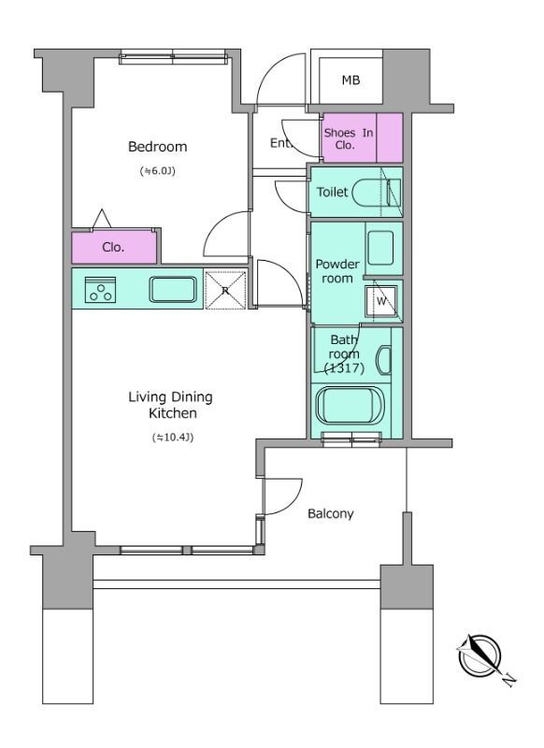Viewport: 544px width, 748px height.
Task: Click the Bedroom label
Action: (157, 147)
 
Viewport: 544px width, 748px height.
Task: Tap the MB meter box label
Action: (351, 80)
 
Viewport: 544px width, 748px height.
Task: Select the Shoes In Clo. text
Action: (348, 138)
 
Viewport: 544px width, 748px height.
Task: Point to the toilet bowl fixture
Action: (377, 193)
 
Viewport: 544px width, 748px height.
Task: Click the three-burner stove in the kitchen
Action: (101, 290)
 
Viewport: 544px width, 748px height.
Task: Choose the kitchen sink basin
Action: (173, 290)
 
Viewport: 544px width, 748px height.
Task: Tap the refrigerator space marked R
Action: (225, 290)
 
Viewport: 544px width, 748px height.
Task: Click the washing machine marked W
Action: (381, 301)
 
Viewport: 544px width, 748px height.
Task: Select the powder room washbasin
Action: (381, 247)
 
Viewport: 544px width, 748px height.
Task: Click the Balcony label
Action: (330, 513)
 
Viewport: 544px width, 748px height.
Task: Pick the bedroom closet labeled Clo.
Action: (114, 247)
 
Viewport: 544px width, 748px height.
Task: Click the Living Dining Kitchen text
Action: (171, 405)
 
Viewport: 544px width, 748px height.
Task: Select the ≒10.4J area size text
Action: (173, 437)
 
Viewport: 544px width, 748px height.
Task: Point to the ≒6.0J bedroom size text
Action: (158, 171)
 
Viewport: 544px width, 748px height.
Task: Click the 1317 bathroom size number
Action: (344, 368)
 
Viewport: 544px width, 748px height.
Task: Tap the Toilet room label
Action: (333, 192)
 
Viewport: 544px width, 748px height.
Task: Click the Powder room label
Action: (337, 271)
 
